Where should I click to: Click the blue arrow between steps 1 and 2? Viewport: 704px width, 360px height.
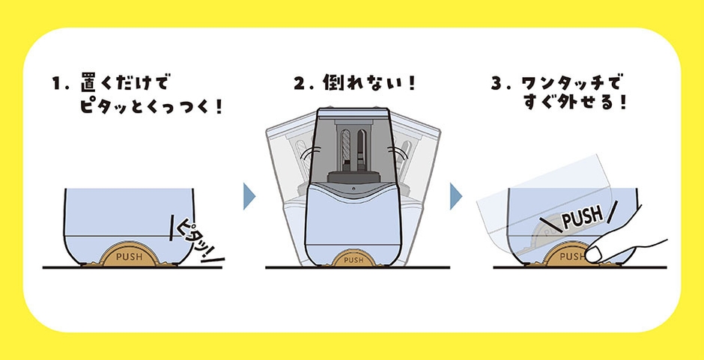tap(249, 196)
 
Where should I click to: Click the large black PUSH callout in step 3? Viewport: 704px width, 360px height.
tap(581, 218)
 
